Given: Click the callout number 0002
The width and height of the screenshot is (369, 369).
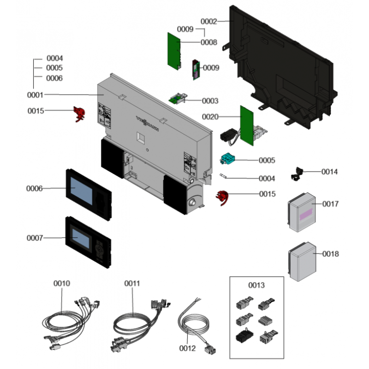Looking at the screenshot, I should (x=209, y=22).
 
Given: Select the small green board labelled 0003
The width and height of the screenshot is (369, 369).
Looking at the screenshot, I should (x=178, y=98).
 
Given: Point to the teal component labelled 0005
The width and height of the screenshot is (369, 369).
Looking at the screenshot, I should (x=228, y=160).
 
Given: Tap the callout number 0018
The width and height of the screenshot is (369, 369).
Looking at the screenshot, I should (x=330, y=254).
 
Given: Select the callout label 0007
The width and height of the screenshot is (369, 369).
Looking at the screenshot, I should (x=35, y=238).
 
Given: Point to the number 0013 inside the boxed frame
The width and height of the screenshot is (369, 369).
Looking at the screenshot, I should (x=256, y=285).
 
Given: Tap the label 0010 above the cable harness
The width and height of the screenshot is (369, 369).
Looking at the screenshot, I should (x=62, y=283).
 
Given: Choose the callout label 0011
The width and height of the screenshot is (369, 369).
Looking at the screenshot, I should (x=132, y=283).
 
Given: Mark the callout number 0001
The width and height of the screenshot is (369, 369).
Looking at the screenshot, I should (x=35, y=95).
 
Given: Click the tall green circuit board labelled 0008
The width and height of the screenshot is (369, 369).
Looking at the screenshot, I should (x=174, y=51).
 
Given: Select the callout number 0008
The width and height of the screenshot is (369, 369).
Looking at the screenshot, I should (x=208, y=42).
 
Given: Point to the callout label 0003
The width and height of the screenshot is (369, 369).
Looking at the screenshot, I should (x=210, y=101).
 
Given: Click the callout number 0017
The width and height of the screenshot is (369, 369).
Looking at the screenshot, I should (x=330, y=203).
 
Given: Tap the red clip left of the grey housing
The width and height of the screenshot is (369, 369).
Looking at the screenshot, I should (x=79, y=113).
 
